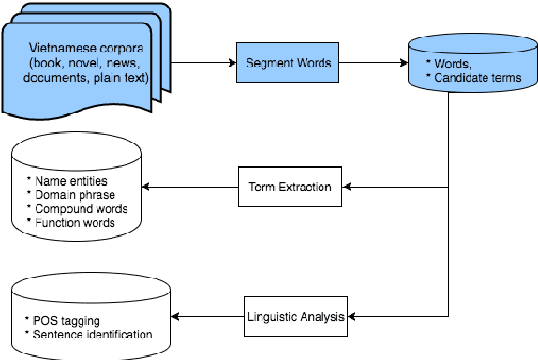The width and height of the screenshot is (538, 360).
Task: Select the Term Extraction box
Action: pyautogui.click(x=290, y=187)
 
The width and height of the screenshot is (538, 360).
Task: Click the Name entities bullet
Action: pyautogui.click(x=67, y=179)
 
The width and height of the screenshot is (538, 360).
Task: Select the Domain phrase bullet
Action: pyautogui.click(x=70, y=194)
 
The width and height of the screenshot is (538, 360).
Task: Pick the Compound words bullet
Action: pyautogui.click(x=76, y=208)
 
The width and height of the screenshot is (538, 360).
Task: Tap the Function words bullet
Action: pyautogui.click(x=70, y=222)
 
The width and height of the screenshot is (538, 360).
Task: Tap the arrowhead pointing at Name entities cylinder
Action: pyautogui.click(x=148, y=187)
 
